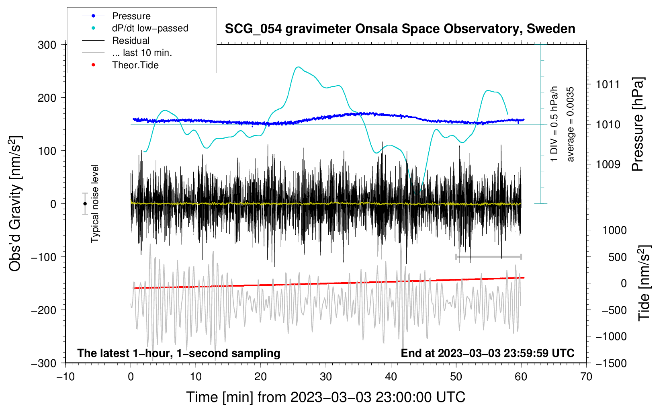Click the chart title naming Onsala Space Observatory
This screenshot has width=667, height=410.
pos(400,29)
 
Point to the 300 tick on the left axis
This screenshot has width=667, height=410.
pos(47,45)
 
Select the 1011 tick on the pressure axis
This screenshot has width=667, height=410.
pos(608,84)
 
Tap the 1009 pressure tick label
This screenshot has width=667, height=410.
pos(608,164)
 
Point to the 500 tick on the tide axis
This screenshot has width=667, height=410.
pos(618,257)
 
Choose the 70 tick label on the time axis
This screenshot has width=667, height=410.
pos(586,377)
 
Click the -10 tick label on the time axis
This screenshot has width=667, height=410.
pos(65,377)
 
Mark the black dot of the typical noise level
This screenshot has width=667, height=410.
pos(85,204)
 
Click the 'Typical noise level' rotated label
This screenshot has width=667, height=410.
pos(95,204)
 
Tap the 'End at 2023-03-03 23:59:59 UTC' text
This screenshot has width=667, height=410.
pos(487,353)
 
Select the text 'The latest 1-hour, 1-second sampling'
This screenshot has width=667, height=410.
pos(179,353)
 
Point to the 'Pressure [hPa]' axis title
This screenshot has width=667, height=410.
pos(638,124)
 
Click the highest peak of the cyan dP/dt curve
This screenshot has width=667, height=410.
pos(298,67)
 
